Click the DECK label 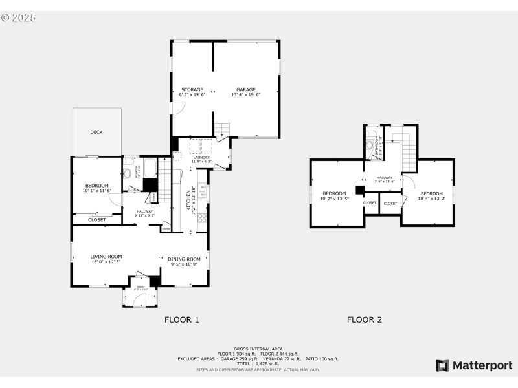coord(96,133)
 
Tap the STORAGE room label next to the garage coord(192,89)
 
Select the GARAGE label coord(245,89)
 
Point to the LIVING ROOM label coord(106,257)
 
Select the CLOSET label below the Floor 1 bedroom coord(97,220)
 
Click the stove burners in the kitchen coord(202,218)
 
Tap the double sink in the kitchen coord(203,191)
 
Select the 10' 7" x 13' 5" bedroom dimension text coord(335,199)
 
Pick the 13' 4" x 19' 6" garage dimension coord(245,95)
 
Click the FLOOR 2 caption coord(365,319)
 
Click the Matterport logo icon coord(443,365)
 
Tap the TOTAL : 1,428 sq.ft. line coord(258,363)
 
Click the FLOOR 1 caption coord(182,319)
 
